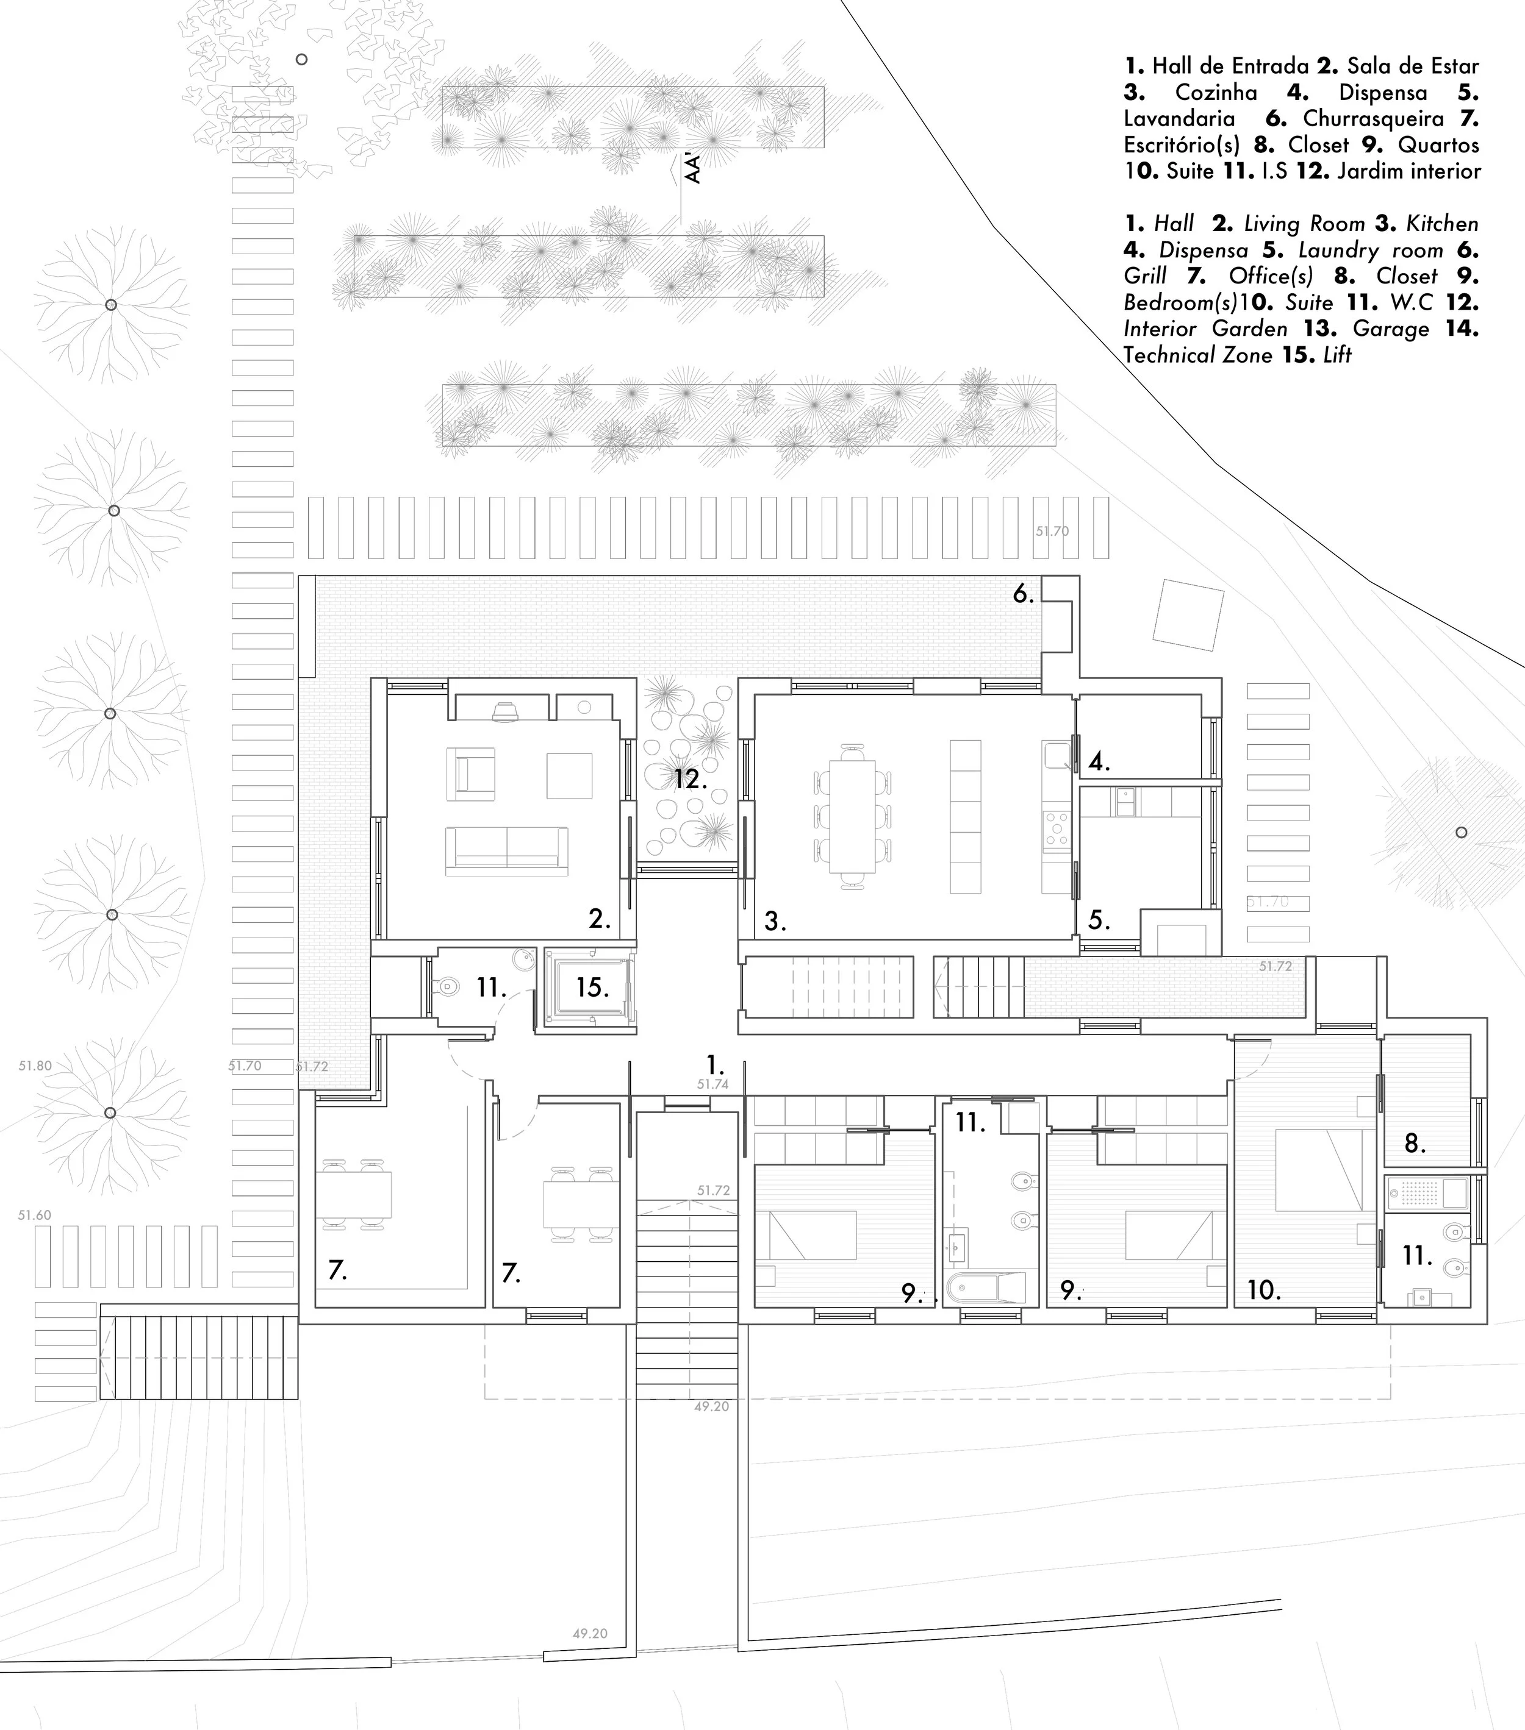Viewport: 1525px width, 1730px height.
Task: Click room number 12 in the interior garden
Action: coord(690,778)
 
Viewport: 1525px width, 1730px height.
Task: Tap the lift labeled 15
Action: coord(592,987)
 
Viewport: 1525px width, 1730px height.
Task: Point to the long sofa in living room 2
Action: coord(507,847)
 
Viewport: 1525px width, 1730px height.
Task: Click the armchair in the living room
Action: coord(471,774)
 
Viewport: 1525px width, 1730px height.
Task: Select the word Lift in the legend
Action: coord(1337,355)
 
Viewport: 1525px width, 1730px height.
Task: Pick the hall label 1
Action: coord(716,1066)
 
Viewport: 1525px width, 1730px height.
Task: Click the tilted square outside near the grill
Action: coord(1188,614)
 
